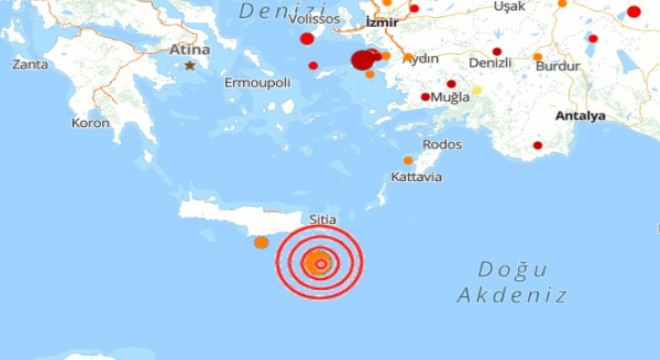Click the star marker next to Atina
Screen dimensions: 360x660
coord(190,66)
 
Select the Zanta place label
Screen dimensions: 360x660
coord(30,64)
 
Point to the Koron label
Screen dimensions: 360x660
coord(90,122)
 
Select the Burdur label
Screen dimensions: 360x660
coord(558,66)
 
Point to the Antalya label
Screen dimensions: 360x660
coord(581,116)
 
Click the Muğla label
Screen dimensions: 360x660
coord(450,99)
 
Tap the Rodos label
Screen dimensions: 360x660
coord(442,144)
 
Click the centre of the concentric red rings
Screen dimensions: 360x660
coord(320,264)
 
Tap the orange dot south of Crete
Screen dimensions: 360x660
coord(261,242)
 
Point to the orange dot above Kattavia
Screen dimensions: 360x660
coord(408,160)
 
